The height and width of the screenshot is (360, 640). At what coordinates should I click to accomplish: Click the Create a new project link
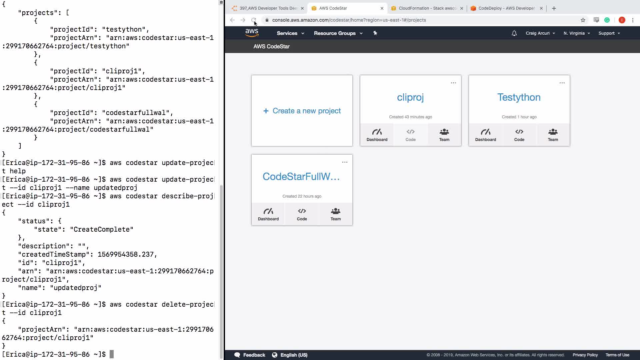[x=302, y=111]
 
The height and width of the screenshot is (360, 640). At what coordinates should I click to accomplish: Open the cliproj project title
[x=410, y=97]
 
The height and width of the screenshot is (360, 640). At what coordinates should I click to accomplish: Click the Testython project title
[x=519, y=97]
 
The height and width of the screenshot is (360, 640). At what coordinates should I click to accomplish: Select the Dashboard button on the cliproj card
[x=377, y=135]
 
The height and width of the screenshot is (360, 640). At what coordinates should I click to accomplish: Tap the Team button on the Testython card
[x=553, y=135]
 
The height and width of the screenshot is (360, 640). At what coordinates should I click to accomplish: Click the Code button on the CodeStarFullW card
[x=302, y=214]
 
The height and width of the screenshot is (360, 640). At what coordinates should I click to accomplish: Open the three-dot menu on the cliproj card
[x=453, y=83]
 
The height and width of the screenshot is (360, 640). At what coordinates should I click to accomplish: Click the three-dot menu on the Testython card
[x=562, y=83]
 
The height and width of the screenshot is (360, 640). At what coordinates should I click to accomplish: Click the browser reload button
[x=254, y=20]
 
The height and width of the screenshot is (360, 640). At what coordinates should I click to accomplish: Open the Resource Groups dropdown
[x=338, y=33]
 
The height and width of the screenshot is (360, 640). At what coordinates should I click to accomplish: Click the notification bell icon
[x=514, y=33]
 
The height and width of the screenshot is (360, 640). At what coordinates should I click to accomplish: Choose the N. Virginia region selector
[x=577, y=33]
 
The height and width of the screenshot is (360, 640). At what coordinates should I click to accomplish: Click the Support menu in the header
[x=609, y=33]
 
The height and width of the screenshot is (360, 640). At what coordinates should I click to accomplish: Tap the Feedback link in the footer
[x=250, y=355]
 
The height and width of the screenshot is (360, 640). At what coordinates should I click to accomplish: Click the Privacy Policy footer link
[x=585, y=355]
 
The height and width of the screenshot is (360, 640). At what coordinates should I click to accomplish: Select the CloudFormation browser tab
[x=427, y=8]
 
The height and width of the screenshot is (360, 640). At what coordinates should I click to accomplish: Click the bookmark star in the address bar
[x=583, y=20]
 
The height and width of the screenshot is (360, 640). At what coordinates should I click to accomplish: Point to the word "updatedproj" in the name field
[x=76, y=288]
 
